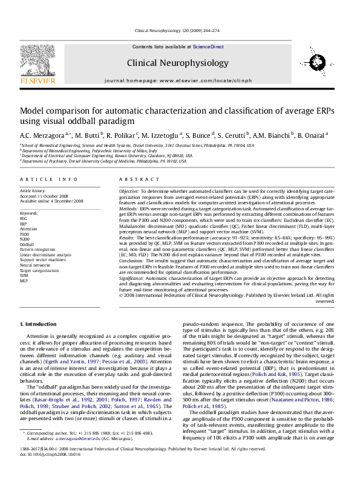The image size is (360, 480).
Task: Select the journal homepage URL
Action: pyautogui.click(x=209, y=80)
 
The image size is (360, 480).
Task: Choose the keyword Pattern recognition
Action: pyautogui.click(x=38, y=248)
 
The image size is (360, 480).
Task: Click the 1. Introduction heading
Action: pyautogui.click(x=38, y=325)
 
